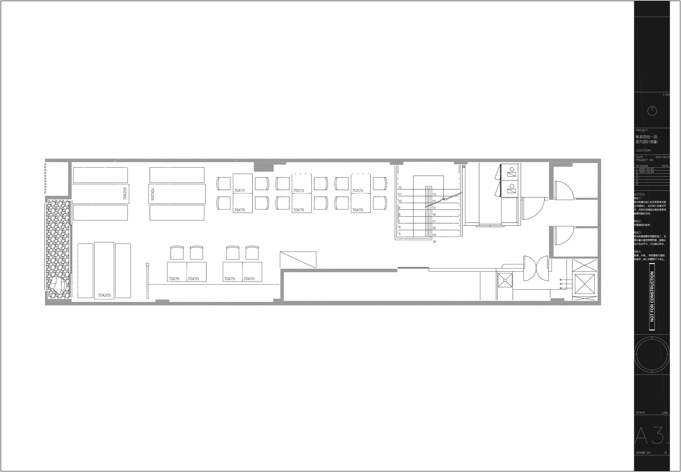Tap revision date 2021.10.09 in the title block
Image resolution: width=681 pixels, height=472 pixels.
coord(647,172)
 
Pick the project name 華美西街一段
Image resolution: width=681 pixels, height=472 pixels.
coord(646,137)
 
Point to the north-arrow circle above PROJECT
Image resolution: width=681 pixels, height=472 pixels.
coord(652,111)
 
